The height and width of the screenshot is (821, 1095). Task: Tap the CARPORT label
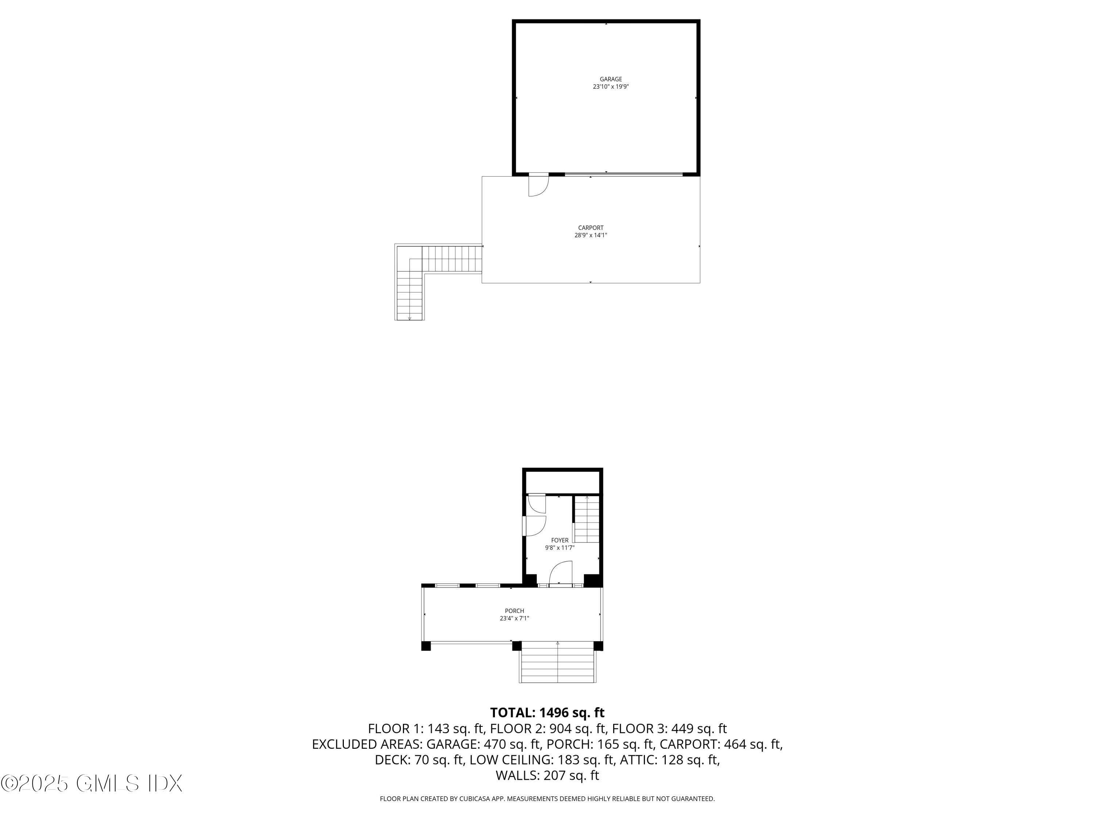click(x=591, y=228)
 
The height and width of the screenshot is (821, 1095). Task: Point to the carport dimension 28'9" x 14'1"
click(x=591, y=236)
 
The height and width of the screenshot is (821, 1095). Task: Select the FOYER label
click(x=560, y=540)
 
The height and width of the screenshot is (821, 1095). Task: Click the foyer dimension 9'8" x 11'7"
click(x=560, y=548)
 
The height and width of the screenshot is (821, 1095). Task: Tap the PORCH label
click(x=514, y=611)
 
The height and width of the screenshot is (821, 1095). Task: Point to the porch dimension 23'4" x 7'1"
click(x=514, y=618)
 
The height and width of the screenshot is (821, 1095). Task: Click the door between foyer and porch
click(x=561, y=574)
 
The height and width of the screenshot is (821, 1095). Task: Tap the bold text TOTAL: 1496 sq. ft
click(x=547, y=713)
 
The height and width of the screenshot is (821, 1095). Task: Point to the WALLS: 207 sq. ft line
click(x=547, y=775)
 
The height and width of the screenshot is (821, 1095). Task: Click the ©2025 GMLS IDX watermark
click(x=92, y=783)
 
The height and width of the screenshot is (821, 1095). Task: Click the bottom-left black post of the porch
click(x=426, y=646)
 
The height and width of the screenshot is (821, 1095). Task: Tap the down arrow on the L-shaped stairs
click(x=410, y=318)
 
